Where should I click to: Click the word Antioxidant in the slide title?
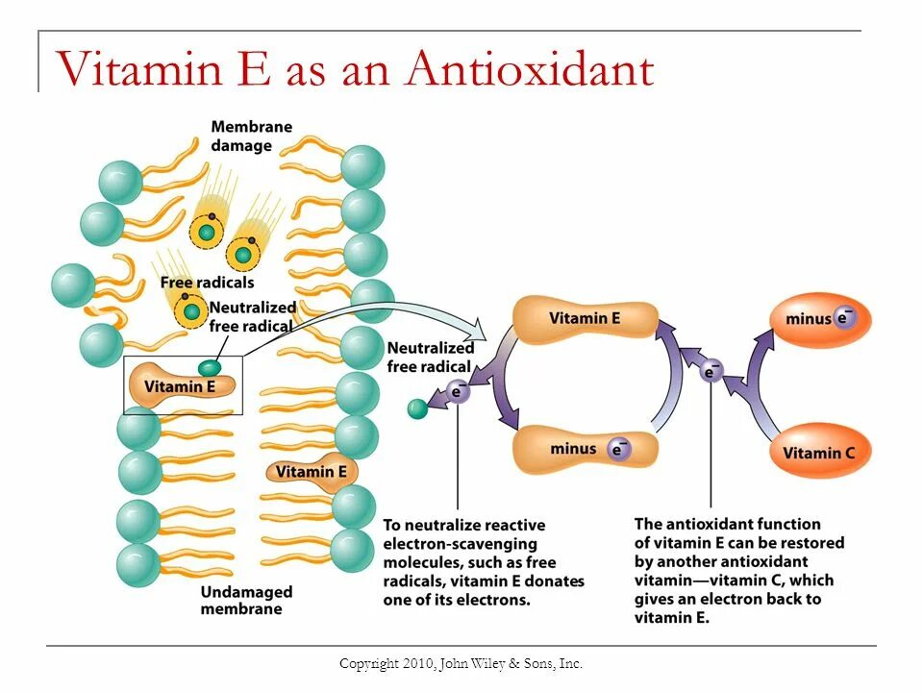point(530,69)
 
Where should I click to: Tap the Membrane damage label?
point(251,136)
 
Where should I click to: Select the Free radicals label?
point(207,283)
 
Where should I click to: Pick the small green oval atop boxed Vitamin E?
point(209,366)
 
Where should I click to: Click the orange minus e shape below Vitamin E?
point(586,449)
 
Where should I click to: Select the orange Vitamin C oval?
point(820,452)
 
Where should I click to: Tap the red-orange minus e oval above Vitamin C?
point(820,319)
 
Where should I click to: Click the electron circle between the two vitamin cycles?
point(711,370)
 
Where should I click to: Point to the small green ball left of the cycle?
point(417,408)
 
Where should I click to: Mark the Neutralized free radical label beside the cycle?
point(429,357)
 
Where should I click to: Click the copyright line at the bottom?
point(461,663)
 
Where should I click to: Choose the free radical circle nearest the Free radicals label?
point(191,310)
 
